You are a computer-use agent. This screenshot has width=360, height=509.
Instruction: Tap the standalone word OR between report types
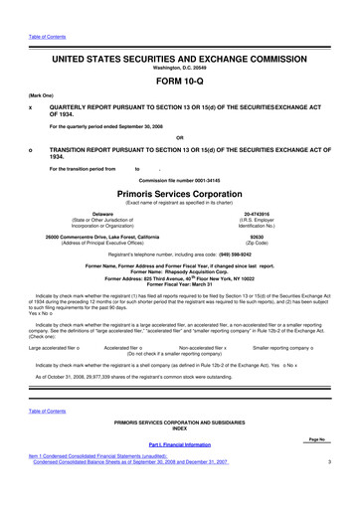179,136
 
